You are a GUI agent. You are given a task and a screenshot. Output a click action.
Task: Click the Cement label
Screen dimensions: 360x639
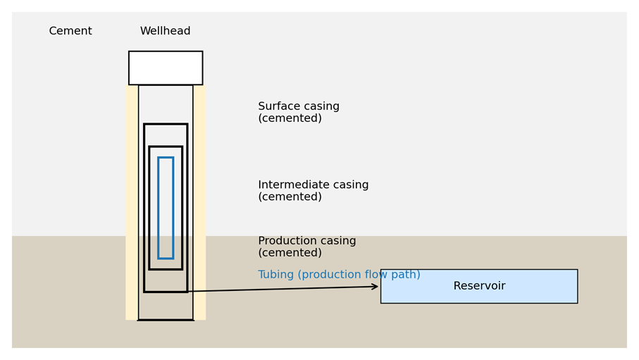coord(70,32)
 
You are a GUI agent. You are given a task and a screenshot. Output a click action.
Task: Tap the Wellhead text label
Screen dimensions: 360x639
coord(165,32)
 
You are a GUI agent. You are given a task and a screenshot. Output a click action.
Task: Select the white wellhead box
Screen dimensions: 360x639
coord(166,68)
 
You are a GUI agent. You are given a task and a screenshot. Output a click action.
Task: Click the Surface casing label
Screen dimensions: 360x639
coord(298,113)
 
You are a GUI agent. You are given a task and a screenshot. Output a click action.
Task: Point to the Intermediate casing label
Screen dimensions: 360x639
coord(313,191)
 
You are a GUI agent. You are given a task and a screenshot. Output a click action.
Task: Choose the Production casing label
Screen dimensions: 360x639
coord(306,247)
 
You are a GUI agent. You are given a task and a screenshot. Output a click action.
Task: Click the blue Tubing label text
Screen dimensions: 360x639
coord(339,275)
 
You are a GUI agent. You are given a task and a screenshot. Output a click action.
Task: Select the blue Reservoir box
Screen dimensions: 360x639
coord(479,297)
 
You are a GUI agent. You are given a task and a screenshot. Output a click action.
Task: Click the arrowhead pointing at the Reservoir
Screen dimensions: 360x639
coord(376,287)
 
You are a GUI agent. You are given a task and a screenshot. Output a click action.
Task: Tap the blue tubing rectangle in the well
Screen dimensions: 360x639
coord(166,208)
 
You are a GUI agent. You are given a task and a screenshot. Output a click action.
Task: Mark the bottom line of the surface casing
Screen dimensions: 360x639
coord(166,320)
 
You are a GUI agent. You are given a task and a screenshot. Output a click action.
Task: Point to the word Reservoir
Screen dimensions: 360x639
coord(479,286)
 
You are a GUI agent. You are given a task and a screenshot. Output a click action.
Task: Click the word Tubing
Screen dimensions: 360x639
coord(278,275)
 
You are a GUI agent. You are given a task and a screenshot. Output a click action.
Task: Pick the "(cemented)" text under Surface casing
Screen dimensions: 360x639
coord(290,118)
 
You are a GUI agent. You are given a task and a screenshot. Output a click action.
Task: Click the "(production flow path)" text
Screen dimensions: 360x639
coord(361,275)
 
